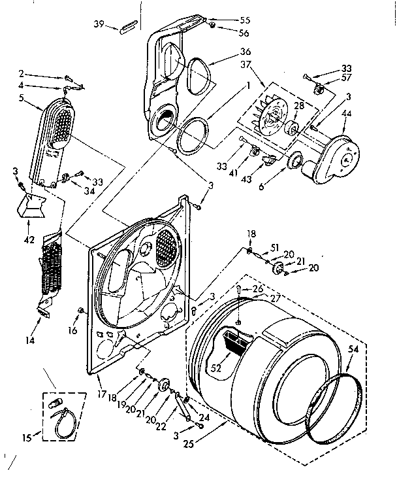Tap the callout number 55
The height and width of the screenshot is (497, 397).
[227, 20]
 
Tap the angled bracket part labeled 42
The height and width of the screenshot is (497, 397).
[33, 205]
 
